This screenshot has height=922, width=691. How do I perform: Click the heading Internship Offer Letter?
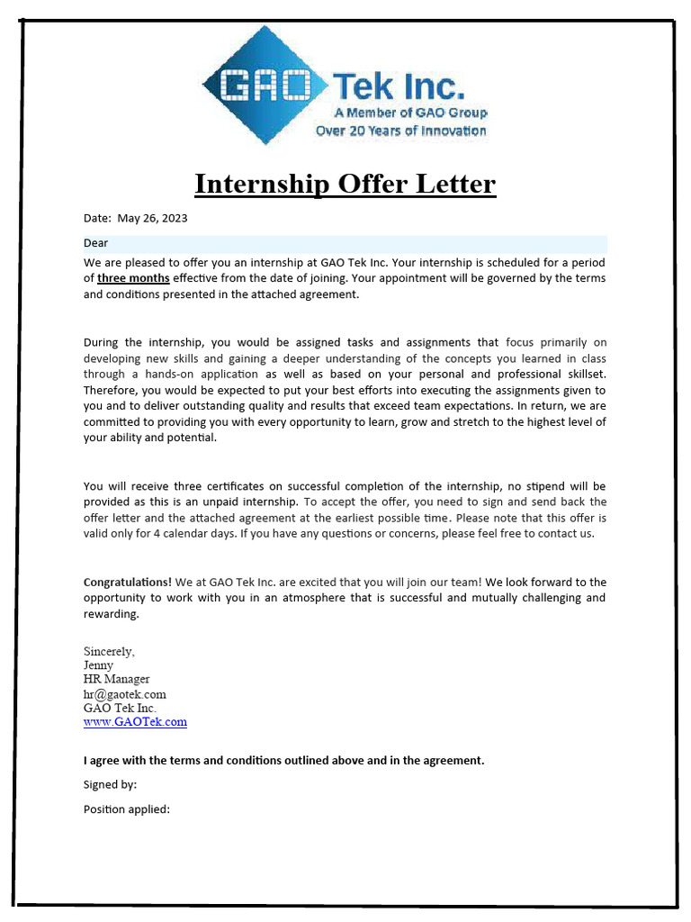pyautogui.click(x=345, y=184)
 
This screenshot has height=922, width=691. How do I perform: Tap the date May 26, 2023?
pyautogui.click(x=152, y=219)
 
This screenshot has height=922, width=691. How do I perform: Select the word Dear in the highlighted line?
pyautogui.click(x=96, y=243)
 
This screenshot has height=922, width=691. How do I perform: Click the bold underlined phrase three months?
pyautogui.click(x=133, y=278)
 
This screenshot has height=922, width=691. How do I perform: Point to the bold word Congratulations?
pyautogui.click(x=127, y=583)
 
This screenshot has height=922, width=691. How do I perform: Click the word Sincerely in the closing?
pyautogui.click(x=109, y=651)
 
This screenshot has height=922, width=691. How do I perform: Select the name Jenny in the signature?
pyautogui.click(x=99, y=665)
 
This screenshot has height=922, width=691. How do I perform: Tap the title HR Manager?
pyautogui.click(x=117, y=679)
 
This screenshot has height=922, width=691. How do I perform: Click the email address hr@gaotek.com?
pyautogui.click(x=125, y=694)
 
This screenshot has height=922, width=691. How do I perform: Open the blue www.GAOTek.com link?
pyautogui.click(x=135, y=722)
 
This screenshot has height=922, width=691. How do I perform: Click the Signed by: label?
pyautogui.click(x=110, y=784)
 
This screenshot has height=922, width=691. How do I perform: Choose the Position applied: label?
pyautogui.click(x=126, y=809)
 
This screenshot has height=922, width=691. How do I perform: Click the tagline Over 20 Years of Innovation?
pyautogui.click(x=400, y=131)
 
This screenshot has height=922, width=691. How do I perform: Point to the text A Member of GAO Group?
pyautogui.click(x=410, y=113)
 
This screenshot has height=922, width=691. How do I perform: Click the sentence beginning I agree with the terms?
pyautogui.click(x=283, y=760)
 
